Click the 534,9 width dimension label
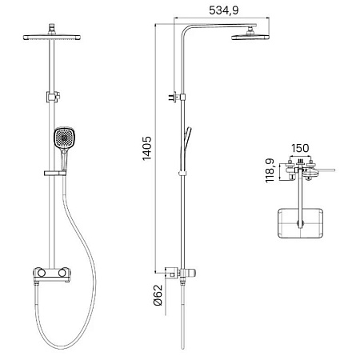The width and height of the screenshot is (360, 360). (223, 10)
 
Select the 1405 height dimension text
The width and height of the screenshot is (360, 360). (147, 148)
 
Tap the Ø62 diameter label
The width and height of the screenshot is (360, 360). (158, 295)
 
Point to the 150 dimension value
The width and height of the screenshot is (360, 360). (300, 148)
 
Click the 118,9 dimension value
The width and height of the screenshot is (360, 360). (270, 170)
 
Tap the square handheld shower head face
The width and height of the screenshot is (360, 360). (64, 138)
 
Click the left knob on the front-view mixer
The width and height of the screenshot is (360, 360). (42, 273)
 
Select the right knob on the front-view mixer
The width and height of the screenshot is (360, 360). (62, 273)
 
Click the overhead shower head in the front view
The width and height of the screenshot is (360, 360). (52, 38)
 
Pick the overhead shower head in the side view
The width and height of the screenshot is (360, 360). (250, 37)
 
